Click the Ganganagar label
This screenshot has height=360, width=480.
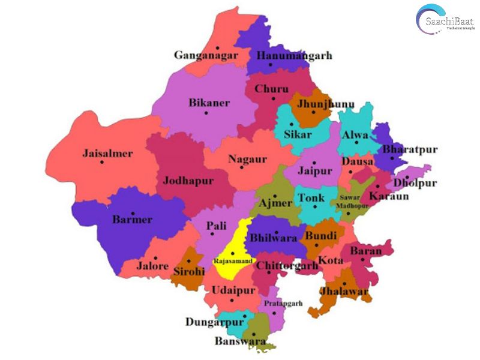pos(206,56)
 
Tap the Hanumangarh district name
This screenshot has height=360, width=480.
pos(294,56)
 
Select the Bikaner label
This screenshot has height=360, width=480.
pos(209,103)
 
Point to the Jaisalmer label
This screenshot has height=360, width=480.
pos(107,154)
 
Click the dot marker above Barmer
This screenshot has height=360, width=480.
pos(133,210)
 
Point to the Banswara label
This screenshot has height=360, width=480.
pos(240,341)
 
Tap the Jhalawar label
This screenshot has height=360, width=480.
pos(344,291)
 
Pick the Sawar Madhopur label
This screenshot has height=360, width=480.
pos(354,202)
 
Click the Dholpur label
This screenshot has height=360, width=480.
pos(415,183)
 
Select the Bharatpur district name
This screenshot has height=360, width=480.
pos(410,149)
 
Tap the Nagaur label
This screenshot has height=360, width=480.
pos(247,159)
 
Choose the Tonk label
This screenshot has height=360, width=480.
pos(311,198)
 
